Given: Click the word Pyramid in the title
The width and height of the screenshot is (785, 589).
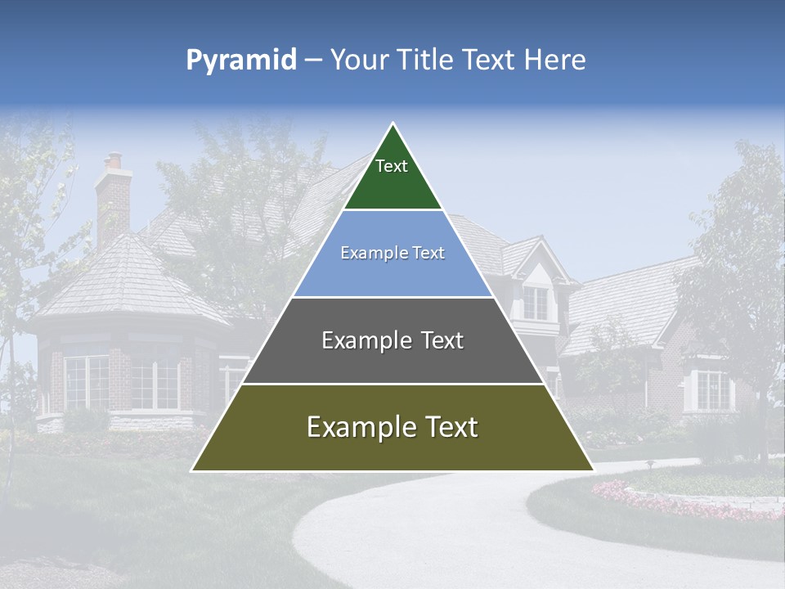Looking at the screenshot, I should (x=240, y=60).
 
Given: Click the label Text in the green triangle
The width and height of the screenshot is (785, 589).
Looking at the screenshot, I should (x=392, y=166).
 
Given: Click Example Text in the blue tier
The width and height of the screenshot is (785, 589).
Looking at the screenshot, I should (x=392, y=253).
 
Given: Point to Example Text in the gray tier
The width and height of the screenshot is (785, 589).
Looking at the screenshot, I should (x=392, y=340).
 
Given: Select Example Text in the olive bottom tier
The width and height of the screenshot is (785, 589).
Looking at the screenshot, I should (x=392, y=427).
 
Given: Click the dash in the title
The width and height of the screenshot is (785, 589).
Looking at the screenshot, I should (x=313, y=61).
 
